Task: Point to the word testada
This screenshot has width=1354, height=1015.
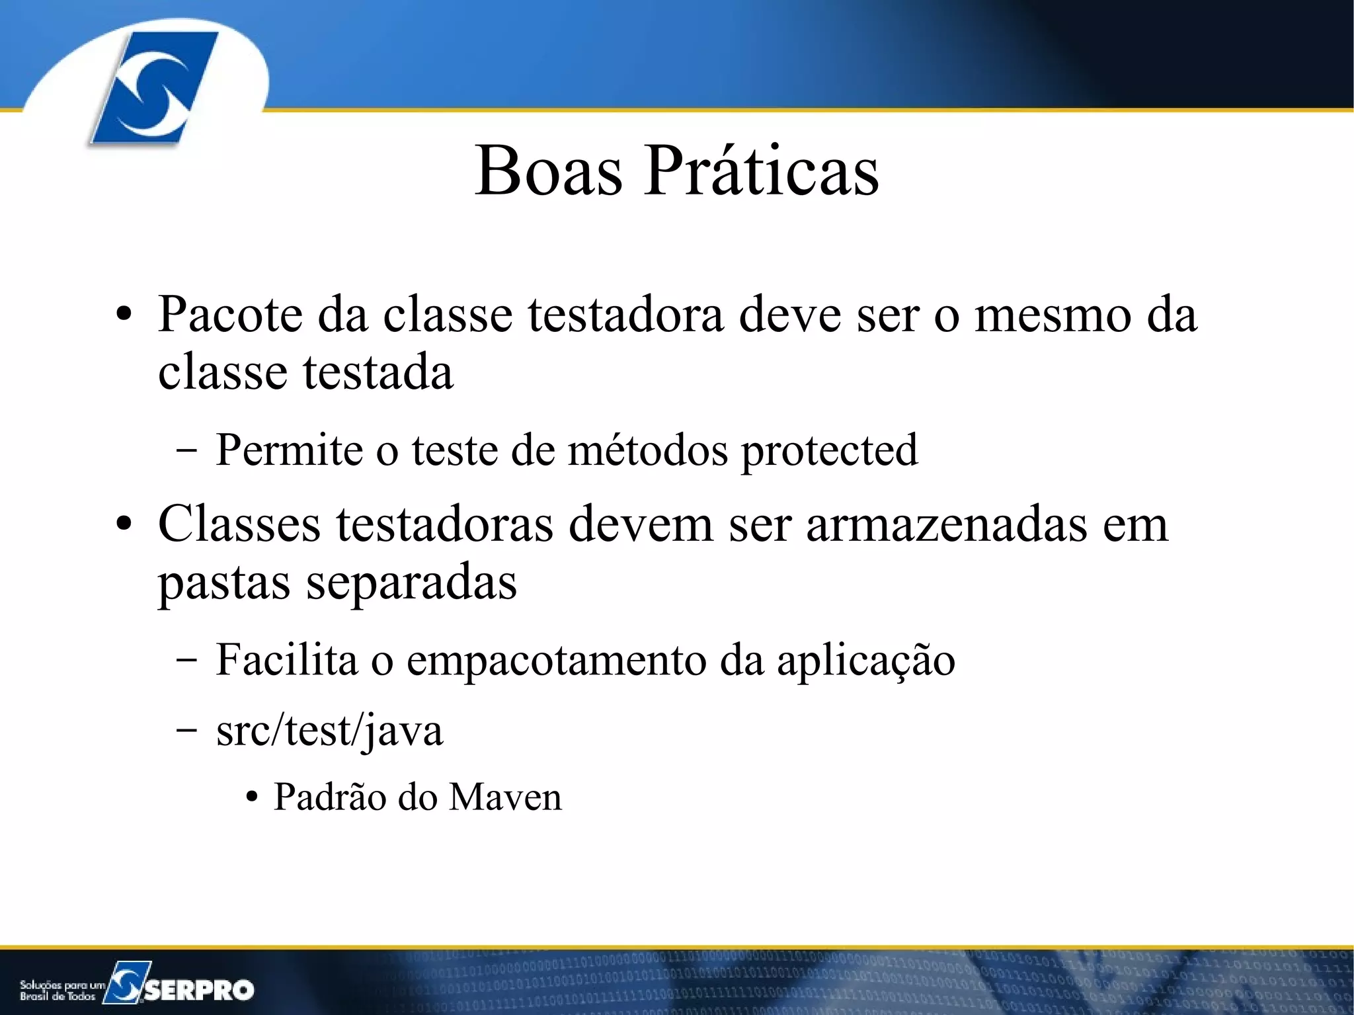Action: [378, 372]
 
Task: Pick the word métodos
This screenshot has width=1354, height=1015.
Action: [647, 450]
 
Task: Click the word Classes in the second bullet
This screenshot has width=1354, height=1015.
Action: [239, 524]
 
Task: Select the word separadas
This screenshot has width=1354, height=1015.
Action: [411, 583]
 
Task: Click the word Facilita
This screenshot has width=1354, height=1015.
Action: [286, 659]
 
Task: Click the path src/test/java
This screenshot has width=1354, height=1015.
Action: [329, 731]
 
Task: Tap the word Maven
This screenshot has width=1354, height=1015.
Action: [505, 797]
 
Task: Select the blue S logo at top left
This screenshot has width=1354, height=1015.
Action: [153, 87]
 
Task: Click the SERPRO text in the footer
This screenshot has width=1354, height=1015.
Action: [199, 990]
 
